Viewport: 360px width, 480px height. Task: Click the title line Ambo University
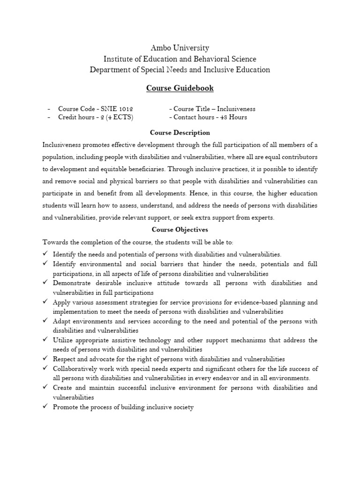180,48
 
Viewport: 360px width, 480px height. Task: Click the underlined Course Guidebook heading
180,88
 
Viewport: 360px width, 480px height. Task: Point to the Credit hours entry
96,117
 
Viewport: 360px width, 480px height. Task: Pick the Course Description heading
180,133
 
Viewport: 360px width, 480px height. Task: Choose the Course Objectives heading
180,230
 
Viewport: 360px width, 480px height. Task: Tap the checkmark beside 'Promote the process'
45,407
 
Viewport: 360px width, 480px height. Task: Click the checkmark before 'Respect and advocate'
45,359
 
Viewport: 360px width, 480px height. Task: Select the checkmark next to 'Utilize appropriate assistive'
45,340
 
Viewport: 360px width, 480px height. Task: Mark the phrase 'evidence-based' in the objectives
258,302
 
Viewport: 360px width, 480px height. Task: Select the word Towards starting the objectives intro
55,242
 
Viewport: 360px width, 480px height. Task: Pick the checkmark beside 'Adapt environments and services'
45,321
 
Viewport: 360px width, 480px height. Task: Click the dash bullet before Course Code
49,109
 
